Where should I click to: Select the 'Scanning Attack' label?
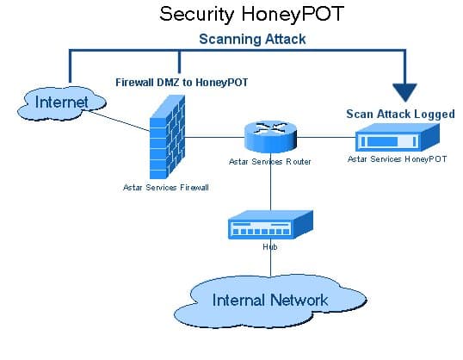tap(252, 39)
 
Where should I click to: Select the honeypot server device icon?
tap(397, 137)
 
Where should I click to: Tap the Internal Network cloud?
tap(269, 300)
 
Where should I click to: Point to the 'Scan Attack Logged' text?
tap(400, 113)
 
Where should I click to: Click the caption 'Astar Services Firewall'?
tap(165, 187)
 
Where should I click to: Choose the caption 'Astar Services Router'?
tap(269, 161)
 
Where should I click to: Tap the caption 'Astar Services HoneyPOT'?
tap(397, 159)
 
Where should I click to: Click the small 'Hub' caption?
tap(269, 247)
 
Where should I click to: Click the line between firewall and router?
tap(215, 136)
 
